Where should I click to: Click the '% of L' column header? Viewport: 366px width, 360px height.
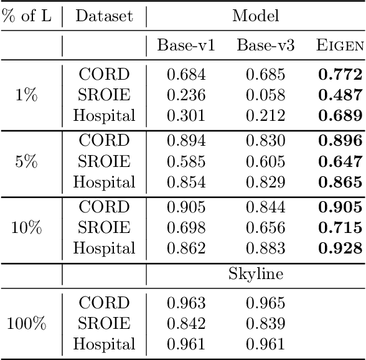(27, 16)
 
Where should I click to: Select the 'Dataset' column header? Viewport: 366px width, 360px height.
(104, 16)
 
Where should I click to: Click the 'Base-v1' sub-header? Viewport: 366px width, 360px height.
(187, 45)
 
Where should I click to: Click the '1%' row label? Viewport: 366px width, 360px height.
(27, 95)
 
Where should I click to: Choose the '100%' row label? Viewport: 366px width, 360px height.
(27, 323)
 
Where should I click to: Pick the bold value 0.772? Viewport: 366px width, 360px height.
(340, 75)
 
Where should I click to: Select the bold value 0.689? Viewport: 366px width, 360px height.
(340, 115)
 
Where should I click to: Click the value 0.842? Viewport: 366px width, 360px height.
(187, 323)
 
